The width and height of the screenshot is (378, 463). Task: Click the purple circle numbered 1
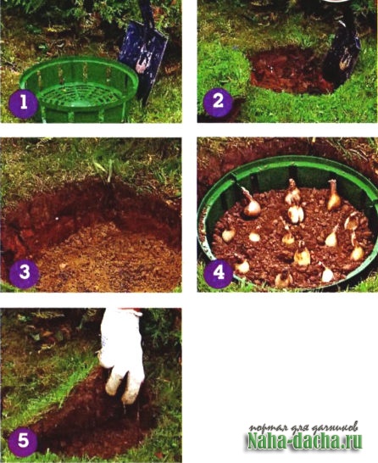[23, 103]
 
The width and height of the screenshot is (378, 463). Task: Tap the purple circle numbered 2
[218, 101]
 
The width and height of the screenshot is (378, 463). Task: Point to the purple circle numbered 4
[219, 273]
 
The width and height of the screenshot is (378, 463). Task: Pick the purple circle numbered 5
[23, 441]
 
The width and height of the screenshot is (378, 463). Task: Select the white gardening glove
[121, 355]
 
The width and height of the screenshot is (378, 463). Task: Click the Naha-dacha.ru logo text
[305, 442]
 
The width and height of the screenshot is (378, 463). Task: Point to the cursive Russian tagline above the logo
[304, 427]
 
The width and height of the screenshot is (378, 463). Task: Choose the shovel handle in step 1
[147, 13]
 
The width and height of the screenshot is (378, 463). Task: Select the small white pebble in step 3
[56, 218]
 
